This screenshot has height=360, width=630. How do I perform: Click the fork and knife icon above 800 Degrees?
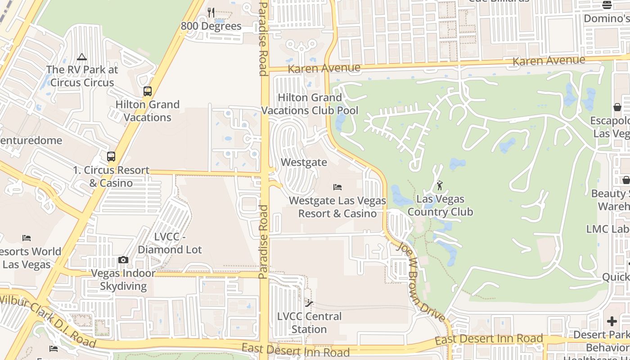pyautogui.click(x=211, y=13)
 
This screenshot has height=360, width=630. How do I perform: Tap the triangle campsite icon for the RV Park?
pyautogui.click(x=81, y=57)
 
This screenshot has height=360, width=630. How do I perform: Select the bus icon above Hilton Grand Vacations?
pyautogui.click(x=148, y=91)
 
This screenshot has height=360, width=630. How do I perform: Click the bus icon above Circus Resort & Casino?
pyautogui.click(x=111, y=157)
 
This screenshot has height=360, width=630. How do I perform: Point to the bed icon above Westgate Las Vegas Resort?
pyautogui.click(x=337, y=187)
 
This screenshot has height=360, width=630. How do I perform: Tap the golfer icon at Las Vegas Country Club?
pyautogui.click(x=440, y=185)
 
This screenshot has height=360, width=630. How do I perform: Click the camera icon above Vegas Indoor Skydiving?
pyautogui.click(x=123, y=260)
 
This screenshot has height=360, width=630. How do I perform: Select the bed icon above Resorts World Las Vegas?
pyautogui.click(x=27, y=238)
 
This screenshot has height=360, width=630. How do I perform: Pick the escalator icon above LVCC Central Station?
pyautogui.click(x=309, y=303)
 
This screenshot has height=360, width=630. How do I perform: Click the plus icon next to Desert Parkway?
pyautogui.click(x=612, y=321)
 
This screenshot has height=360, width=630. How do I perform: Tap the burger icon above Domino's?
pyautogui.click(x=607, y=5)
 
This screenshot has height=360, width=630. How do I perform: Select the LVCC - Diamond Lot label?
pyautogui.click(x=170, y=243)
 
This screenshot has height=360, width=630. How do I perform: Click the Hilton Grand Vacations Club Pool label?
pyautogui.click(x=310, y=104)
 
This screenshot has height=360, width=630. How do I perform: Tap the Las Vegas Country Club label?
pyautogui.click(x=440, y=205)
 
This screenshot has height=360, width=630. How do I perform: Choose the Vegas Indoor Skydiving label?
pyautogui.click(x=123, y=279)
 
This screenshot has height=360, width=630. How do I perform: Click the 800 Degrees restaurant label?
pyautogui.click(x=211, y=26)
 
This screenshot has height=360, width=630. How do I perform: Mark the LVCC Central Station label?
pyautogui.click(x=309, y=323)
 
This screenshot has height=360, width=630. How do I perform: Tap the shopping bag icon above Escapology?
pyautogui.click(x=617, y=107)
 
